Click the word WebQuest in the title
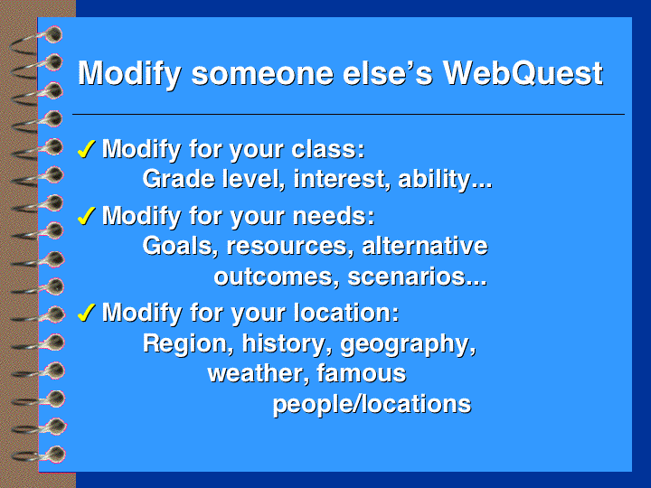click(523, 73)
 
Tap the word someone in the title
click(262, 74)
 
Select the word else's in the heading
click(388, 73)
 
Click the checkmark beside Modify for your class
click(87, 149)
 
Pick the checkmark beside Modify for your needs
click(87, 216)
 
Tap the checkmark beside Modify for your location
click(87, 313)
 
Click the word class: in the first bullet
click(328, 148)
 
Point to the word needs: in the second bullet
click(334, 216)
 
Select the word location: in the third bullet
click(346, 313)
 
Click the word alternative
click(425, 246)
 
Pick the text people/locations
click(372, 404)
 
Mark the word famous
click(361, 373)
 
